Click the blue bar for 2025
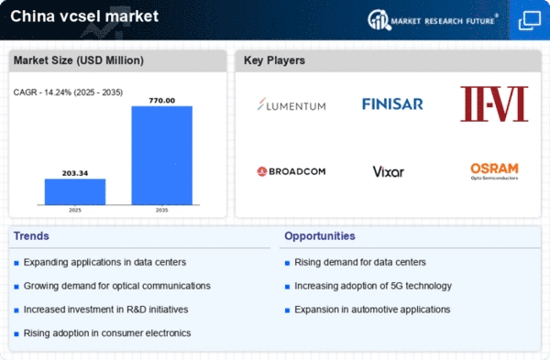(75, 191)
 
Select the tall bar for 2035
(162, 156)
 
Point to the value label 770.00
(162, 101)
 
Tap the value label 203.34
(75, 173)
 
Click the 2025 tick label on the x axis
(75, 210)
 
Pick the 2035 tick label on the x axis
(161, 210)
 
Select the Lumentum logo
(291, 104)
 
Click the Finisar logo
(392, 104)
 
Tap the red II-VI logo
(494, 104)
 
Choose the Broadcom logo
(291, 171)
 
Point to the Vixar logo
(389, 172)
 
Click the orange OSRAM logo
(495, 171)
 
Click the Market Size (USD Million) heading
(79, 60)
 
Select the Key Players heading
(274, 60)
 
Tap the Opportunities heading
(320, 236)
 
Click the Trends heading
(31, 236)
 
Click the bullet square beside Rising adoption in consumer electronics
(16, 334)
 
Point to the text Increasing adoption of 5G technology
(373, 286)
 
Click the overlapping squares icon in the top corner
(530, 21)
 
